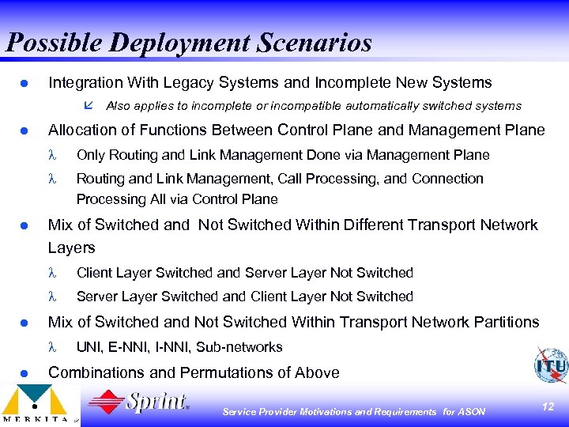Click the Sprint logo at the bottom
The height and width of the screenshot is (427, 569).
coord(139,403)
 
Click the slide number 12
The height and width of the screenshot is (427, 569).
coord(548,406)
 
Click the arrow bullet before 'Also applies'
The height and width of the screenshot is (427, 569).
coord(88,105)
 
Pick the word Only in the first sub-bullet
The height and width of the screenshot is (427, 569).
coord(91,155)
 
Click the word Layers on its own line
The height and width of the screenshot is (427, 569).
coord(71,248)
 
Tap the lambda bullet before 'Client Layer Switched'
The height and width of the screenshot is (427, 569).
coord(54,273)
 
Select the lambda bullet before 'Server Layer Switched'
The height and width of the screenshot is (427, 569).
coord(54,297)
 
